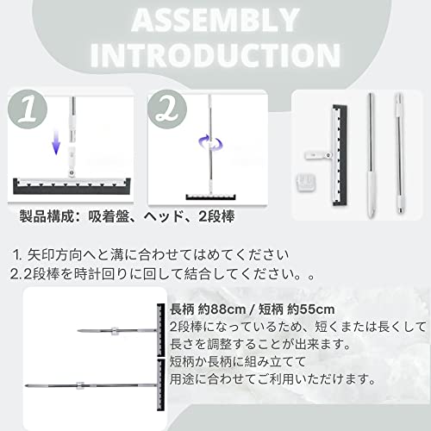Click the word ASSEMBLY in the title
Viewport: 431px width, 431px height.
tap(215, 20)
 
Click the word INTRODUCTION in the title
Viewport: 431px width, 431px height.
tap(215, 55)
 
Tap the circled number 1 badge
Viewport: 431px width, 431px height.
tap(28, 109)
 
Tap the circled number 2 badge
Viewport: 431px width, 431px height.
tap(167, 109)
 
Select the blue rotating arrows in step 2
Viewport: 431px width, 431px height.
tap(210, 143)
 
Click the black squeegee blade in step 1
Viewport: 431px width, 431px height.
tap(72, 188)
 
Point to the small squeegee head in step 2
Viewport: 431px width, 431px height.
tap(210, 197)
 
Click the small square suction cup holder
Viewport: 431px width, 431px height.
tap(305, 182)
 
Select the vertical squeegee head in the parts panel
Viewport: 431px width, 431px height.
tap(340, 155)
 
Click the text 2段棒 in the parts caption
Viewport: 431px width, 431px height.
tap(216, 216)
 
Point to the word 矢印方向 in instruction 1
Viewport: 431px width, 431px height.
tap(54, 254)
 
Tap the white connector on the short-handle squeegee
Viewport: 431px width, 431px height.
tap(115, 331)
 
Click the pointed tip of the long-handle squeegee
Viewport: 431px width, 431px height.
tap(26, 385)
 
